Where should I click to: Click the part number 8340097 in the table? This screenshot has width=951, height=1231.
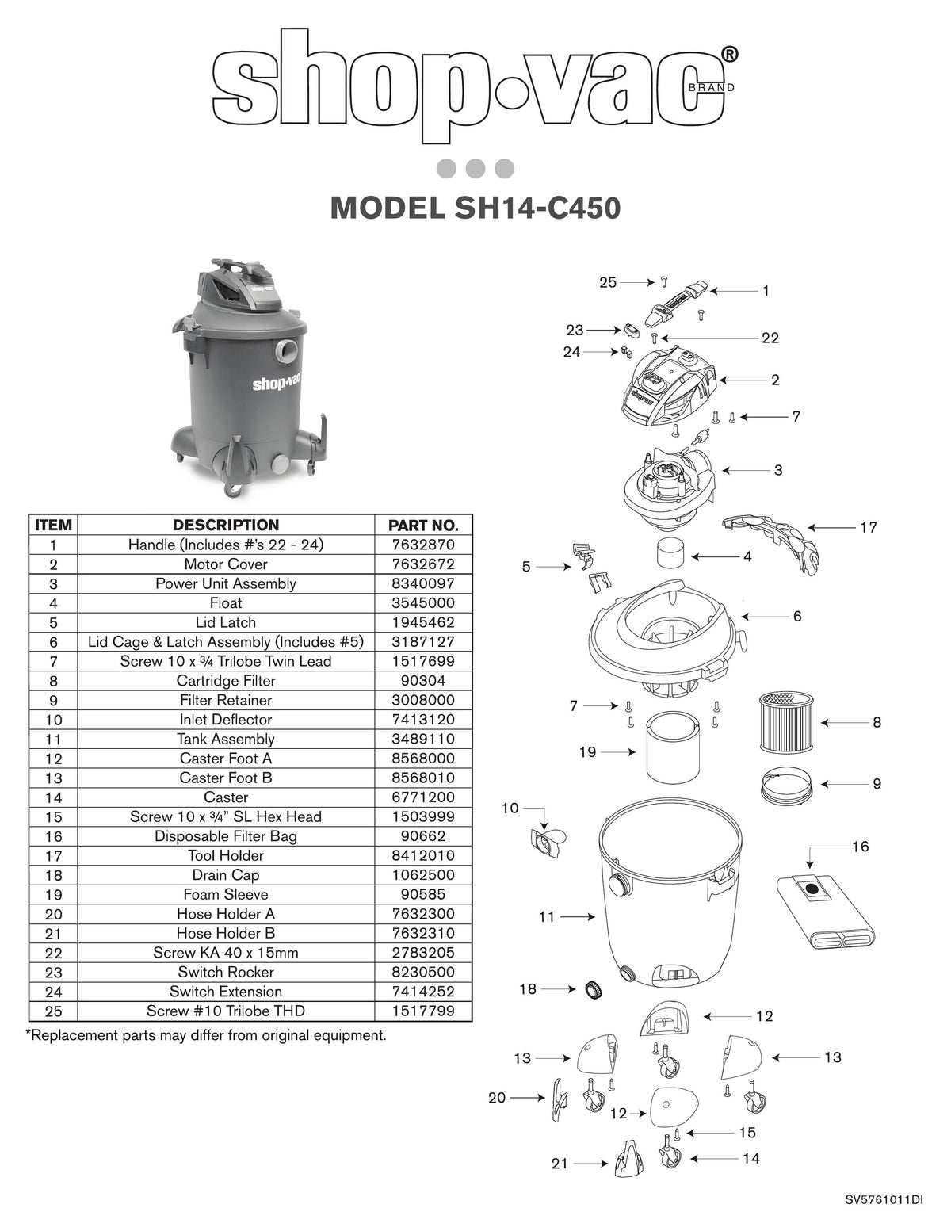pos(423,583)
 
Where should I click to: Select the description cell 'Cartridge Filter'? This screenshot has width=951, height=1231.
pos(226,681)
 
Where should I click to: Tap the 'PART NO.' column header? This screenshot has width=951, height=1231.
pos(423,525)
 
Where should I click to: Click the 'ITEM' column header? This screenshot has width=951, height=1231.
pos(54,525)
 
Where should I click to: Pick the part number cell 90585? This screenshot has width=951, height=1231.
pos(423,894)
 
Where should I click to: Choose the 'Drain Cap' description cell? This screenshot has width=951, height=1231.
pos(226,875)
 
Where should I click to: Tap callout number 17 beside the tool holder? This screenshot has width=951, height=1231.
pos(869,527)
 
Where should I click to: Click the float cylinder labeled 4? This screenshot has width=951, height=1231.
pos(674,552)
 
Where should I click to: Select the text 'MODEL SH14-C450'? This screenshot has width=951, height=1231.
pos(475,208)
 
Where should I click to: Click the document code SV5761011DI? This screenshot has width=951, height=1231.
pos(884,1200)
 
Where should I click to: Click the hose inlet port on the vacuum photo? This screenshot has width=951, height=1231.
pos(285,348)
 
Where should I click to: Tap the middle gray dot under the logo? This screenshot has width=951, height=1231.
pos(475,169)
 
